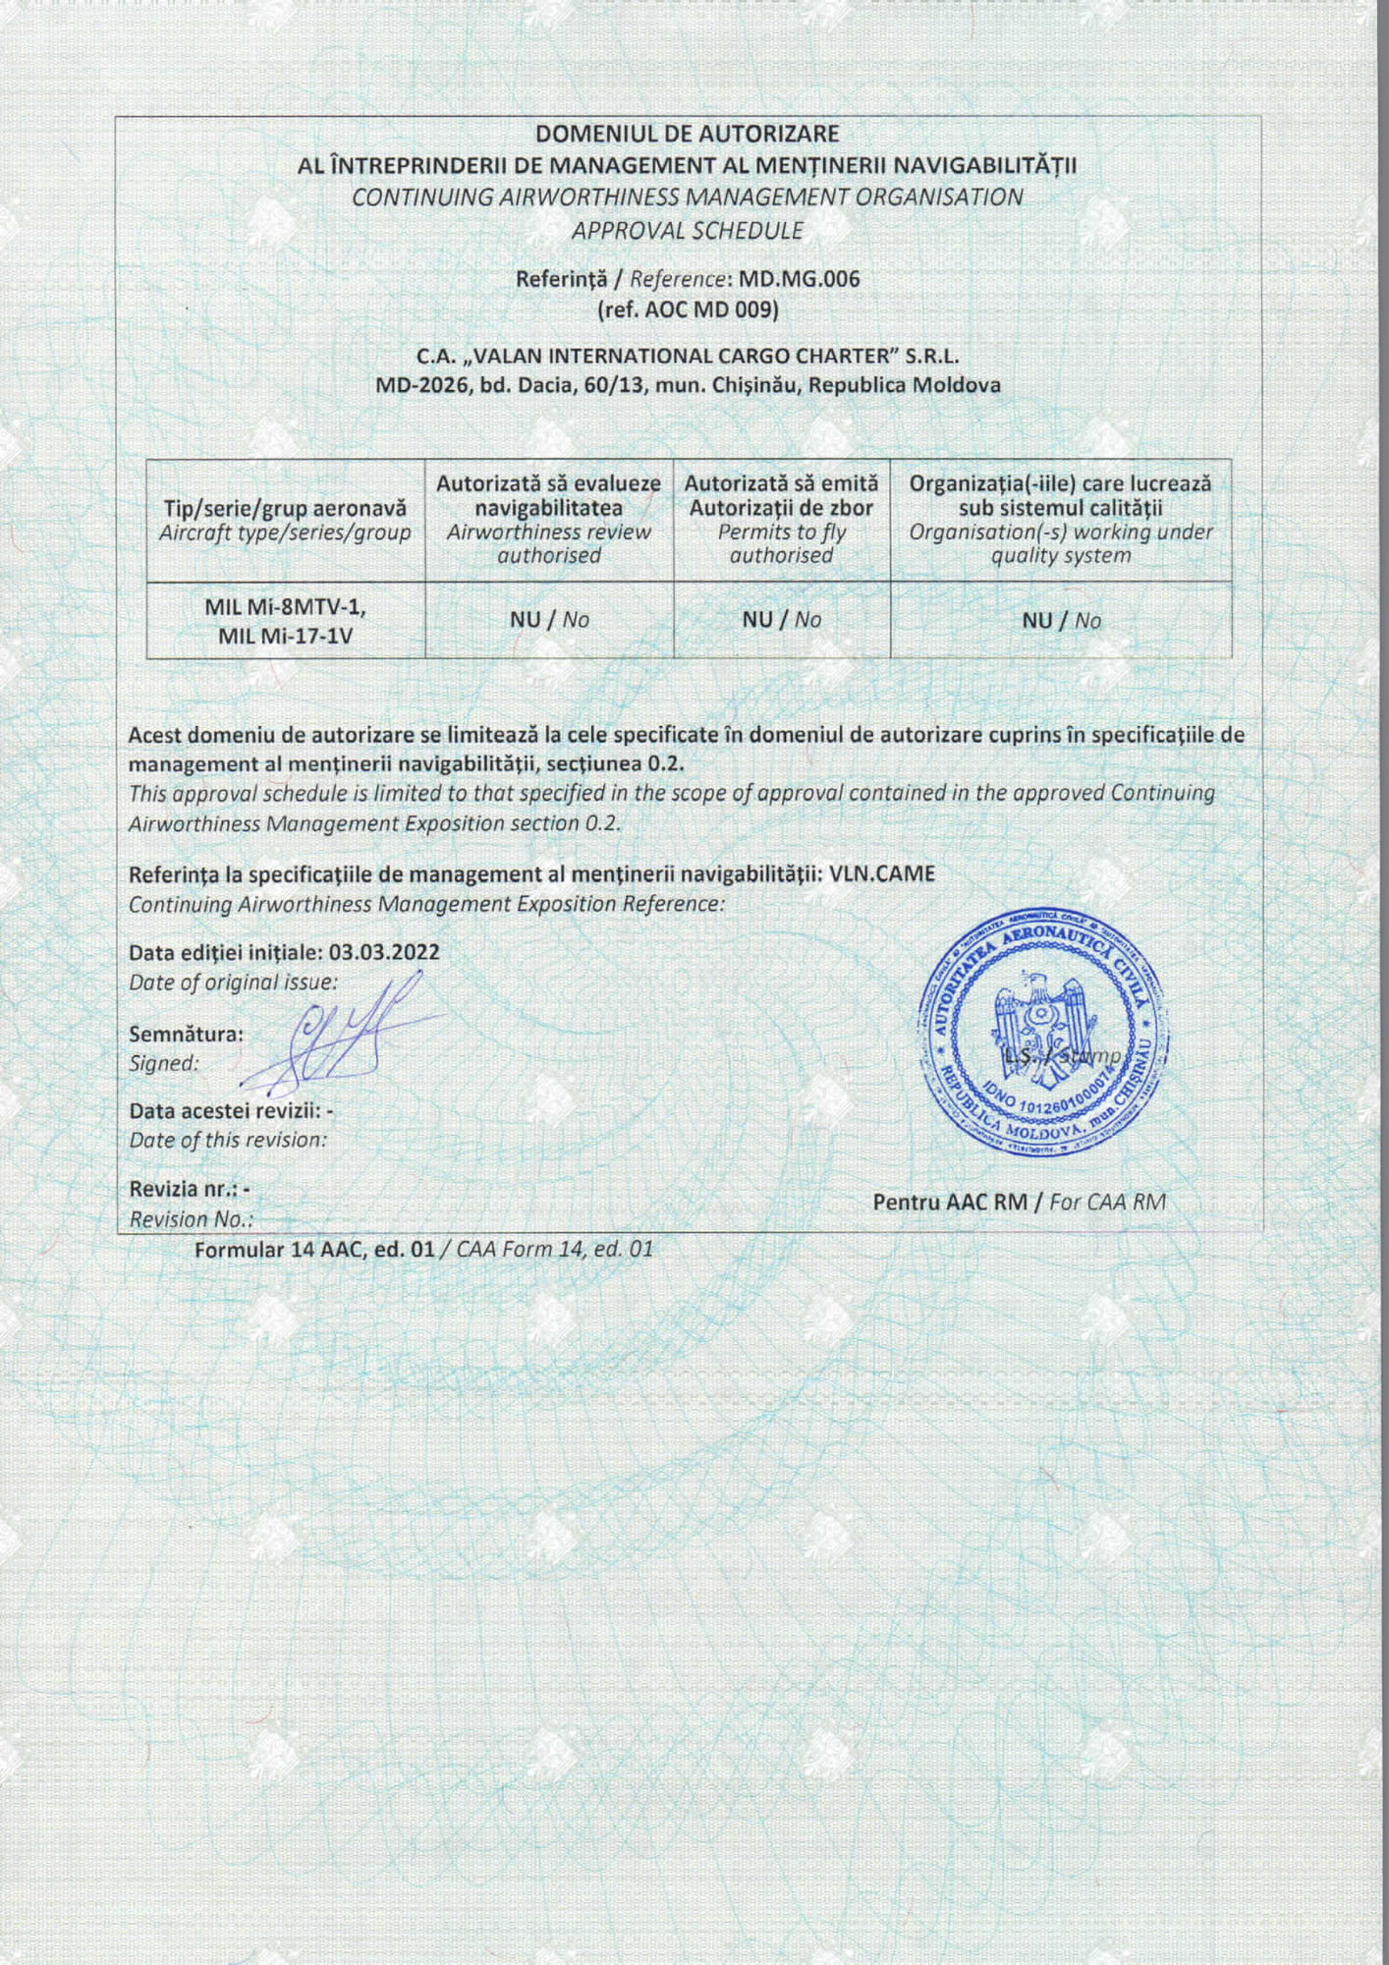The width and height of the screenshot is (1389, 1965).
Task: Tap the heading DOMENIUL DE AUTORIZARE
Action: tap(687, 134)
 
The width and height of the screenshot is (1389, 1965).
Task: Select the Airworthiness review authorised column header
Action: tap(548, 520)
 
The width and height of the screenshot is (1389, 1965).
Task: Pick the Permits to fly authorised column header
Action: tap(781, 520)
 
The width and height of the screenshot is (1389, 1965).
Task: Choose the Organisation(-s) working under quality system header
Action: tap(1060, 520)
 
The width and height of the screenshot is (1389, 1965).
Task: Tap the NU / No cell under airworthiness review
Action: tap(549, 620)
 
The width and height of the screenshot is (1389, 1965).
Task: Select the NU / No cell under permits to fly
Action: tap(781, 620)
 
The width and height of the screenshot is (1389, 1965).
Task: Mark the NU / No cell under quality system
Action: tap(1061, 621)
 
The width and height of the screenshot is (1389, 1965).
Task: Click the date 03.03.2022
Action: tap(384, 952)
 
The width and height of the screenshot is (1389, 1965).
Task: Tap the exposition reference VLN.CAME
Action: tap(882, 873)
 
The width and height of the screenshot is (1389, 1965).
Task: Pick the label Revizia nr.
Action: tap(184, 1189)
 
